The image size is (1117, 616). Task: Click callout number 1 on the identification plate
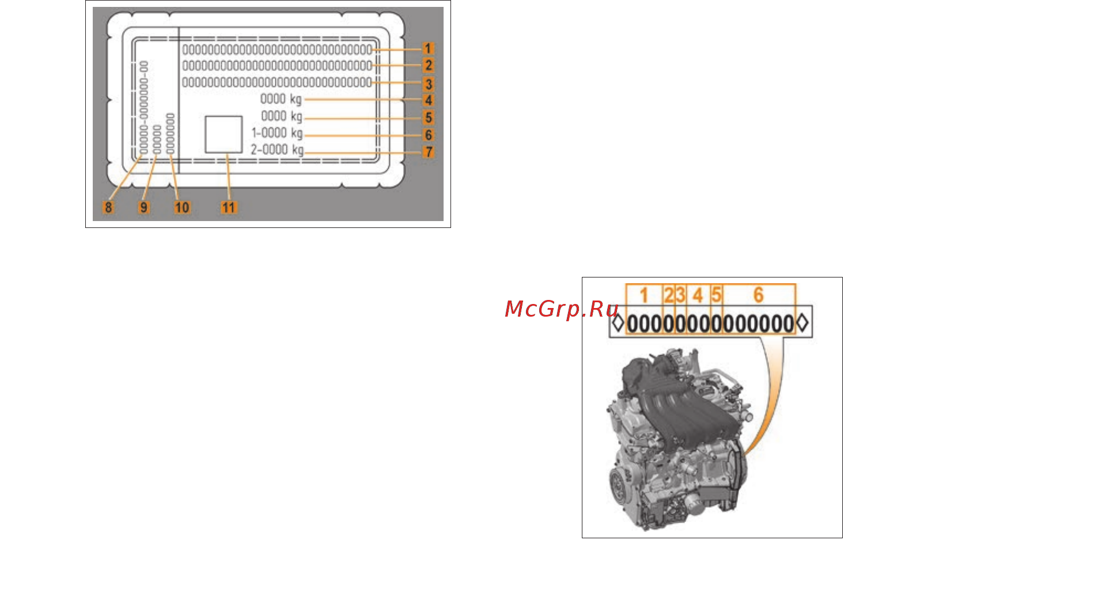click(428, 48)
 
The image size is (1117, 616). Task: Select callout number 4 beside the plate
click(428, 100)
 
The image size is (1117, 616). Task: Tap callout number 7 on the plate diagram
click(429, 152)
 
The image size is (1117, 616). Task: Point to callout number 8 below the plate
click(108, 207)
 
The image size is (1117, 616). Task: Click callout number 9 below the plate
click(144, 207)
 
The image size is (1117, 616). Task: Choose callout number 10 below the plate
click(182, 207)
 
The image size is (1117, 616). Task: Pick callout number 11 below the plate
click(229, 207)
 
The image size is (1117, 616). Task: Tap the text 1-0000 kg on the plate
click(277, 133)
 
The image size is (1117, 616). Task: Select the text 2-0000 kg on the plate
click(277, 150)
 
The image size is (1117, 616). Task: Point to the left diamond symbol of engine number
click(618, 322)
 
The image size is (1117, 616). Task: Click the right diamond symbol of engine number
click(802, 322)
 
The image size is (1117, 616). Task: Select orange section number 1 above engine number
click(644, 295)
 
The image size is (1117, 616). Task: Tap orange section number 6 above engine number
click(759, 295)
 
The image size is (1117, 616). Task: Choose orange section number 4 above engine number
click(698, 295)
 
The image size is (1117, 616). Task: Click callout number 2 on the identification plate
click(428, 65)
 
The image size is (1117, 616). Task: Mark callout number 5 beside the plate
click(428, 117)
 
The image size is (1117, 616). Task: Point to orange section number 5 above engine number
click(716, 295)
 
